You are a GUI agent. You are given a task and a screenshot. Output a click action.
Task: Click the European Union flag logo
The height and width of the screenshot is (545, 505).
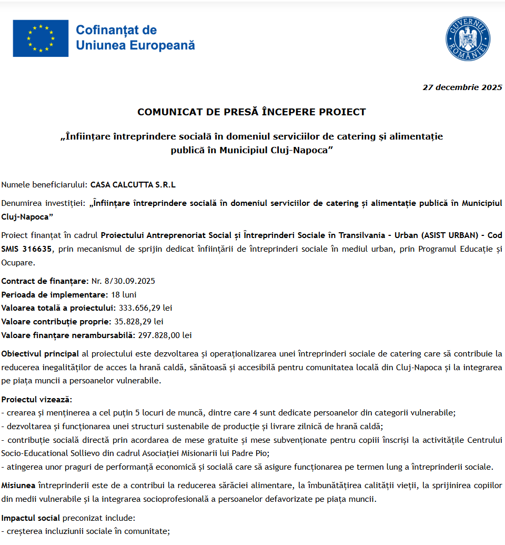41,38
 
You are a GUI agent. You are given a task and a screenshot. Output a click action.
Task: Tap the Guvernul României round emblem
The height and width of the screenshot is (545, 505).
468,38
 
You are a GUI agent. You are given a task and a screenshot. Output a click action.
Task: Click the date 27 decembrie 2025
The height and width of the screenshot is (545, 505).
462,87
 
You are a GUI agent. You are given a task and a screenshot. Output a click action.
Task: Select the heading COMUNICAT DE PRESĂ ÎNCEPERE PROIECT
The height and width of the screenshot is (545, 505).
251,112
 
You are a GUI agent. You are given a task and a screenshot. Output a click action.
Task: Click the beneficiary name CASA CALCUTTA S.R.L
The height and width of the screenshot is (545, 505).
133,185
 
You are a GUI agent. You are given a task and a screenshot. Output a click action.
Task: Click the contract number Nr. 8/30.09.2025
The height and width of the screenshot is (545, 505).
123,281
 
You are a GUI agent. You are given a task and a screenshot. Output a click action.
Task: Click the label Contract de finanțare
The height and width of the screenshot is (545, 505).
45,281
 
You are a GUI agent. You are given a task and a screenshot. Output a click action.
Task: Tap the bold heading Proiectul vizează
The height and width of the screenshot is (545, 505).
36,399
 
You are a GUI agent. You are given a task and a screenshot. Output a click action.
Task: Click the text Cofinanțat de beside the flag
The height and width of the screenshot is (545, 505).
116,30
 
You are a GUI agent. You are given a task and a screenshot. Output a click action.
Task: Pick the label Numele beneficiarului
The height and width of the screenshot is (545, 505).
44,185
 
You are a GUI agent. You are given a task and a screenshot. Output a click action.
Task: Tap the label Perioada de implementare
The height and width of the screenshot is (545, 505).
54,294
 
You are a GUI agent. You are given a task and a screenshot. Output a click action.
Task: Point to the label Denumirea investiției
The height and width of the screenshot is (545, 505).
44,203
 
